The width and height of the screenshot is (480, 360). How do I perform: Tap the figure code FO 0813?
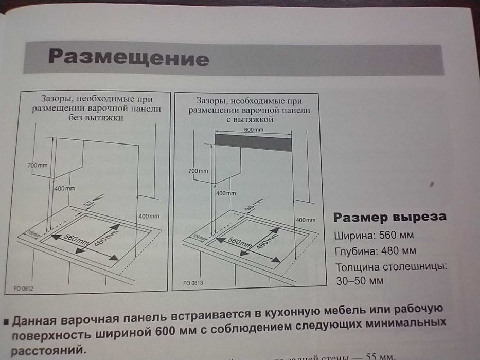point(193,283)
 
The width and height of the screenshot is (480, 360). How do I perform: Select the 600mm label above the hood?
point(253,130)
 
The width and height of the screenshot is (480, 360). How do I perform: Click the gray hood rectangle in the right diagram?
point(253,142)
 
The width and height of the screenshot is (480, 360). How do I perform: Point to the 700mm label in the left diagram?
point(37,165)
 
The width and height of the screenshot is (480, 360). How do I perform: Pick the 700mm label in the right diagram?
point(198,170)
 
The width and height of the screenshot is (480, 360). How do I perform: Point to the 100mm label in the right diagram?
point(197,237)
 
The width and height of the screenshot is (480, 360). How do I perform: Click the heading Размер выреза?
point(389,217)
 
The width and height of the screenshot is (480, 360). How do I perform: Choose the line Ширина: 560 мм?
point(374,236)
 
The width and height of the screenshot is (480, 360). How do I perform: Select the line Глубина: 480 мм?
point(375,251)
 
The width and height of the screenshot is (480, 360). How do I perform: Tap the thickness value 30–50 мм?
point(360,281)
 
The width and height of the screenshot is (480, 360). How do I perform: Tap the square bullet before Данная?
point(6,321)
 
